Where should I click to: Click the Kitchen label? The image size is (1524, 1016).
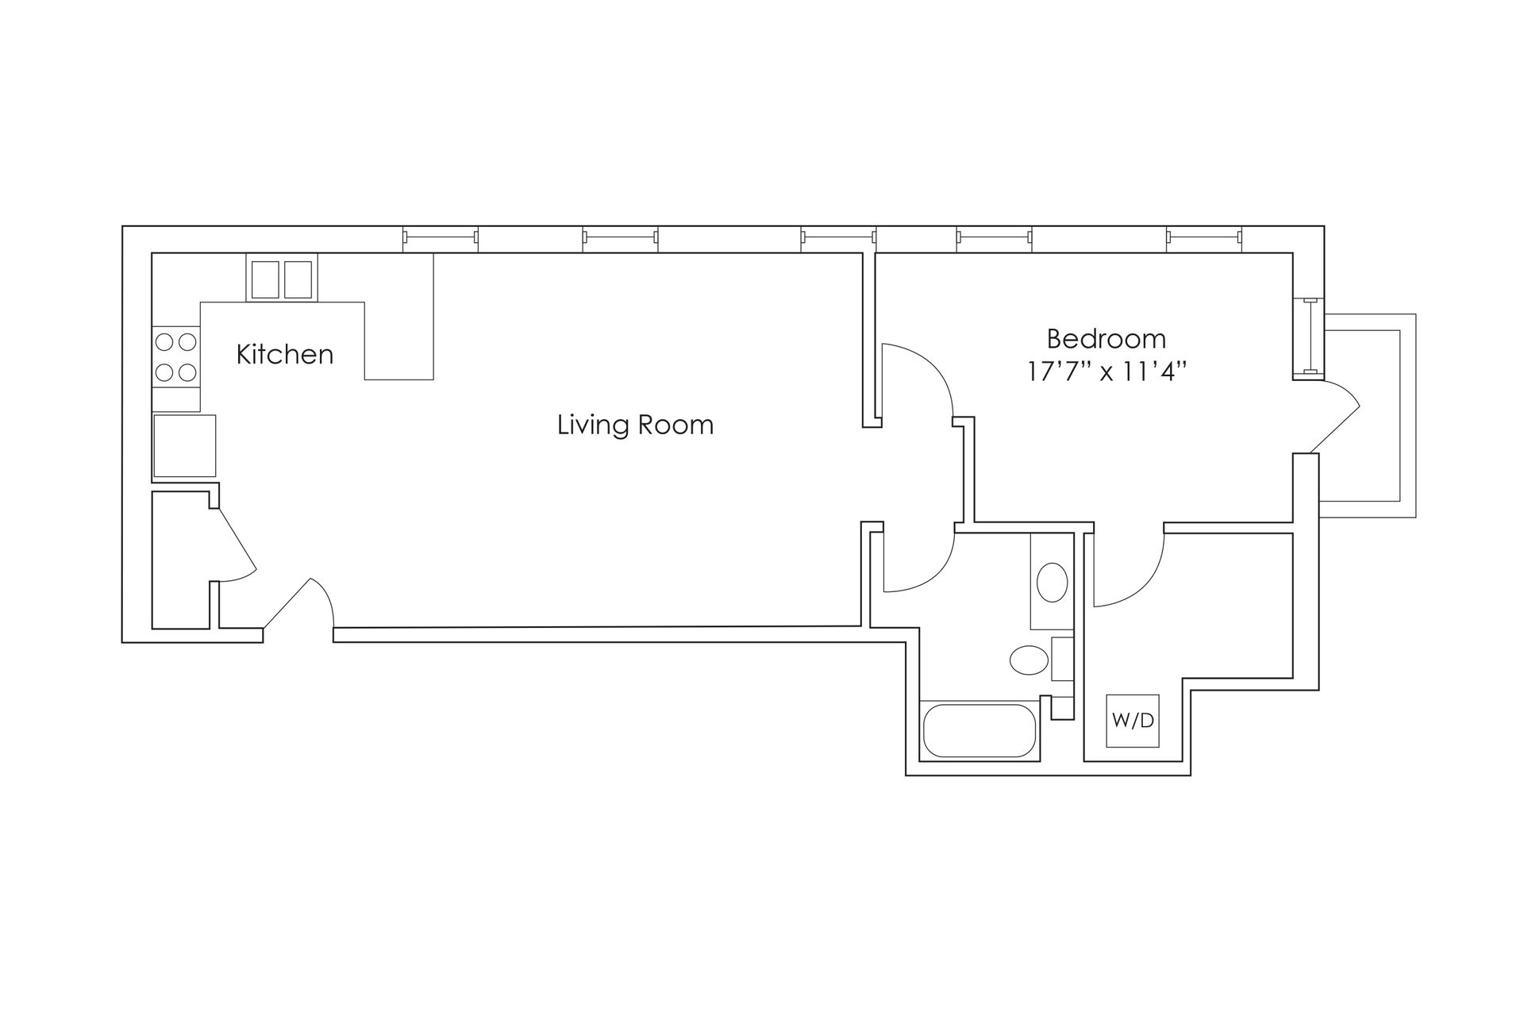coord(285,354)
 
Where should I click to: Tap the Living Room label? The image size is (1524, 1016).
coord(635,425)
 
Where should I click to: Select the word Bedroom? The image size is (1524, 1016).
coord(1106,339)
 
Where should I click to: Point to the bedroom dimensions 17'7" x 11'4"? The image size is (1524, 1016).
coord(1106,371)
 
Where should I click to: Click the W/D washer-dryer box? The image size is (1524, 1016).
coord(1133,721)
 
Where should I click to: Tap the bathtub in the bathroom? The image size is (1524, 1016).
coord(979,730)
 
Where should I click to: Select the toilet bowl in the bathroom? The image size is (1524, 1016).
coord(1029,660)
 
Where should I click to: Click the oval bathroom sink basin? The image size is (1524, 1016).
coord(1053,583)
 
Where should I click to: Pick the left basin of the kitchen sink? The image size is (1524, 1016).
coord(265,279)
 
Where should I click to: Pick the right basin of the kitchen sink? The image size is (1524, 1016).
coord(298,279)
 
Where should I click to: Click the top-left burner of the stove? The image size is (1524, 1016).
coord(165,342)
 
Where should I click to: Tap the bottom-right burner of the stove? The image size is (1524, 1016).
coord(187,371)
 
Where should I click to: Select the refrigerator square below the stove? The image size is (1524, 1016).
coord(184,445)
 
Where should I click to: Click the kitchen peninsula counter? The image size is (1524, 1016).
coord(398,317)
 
